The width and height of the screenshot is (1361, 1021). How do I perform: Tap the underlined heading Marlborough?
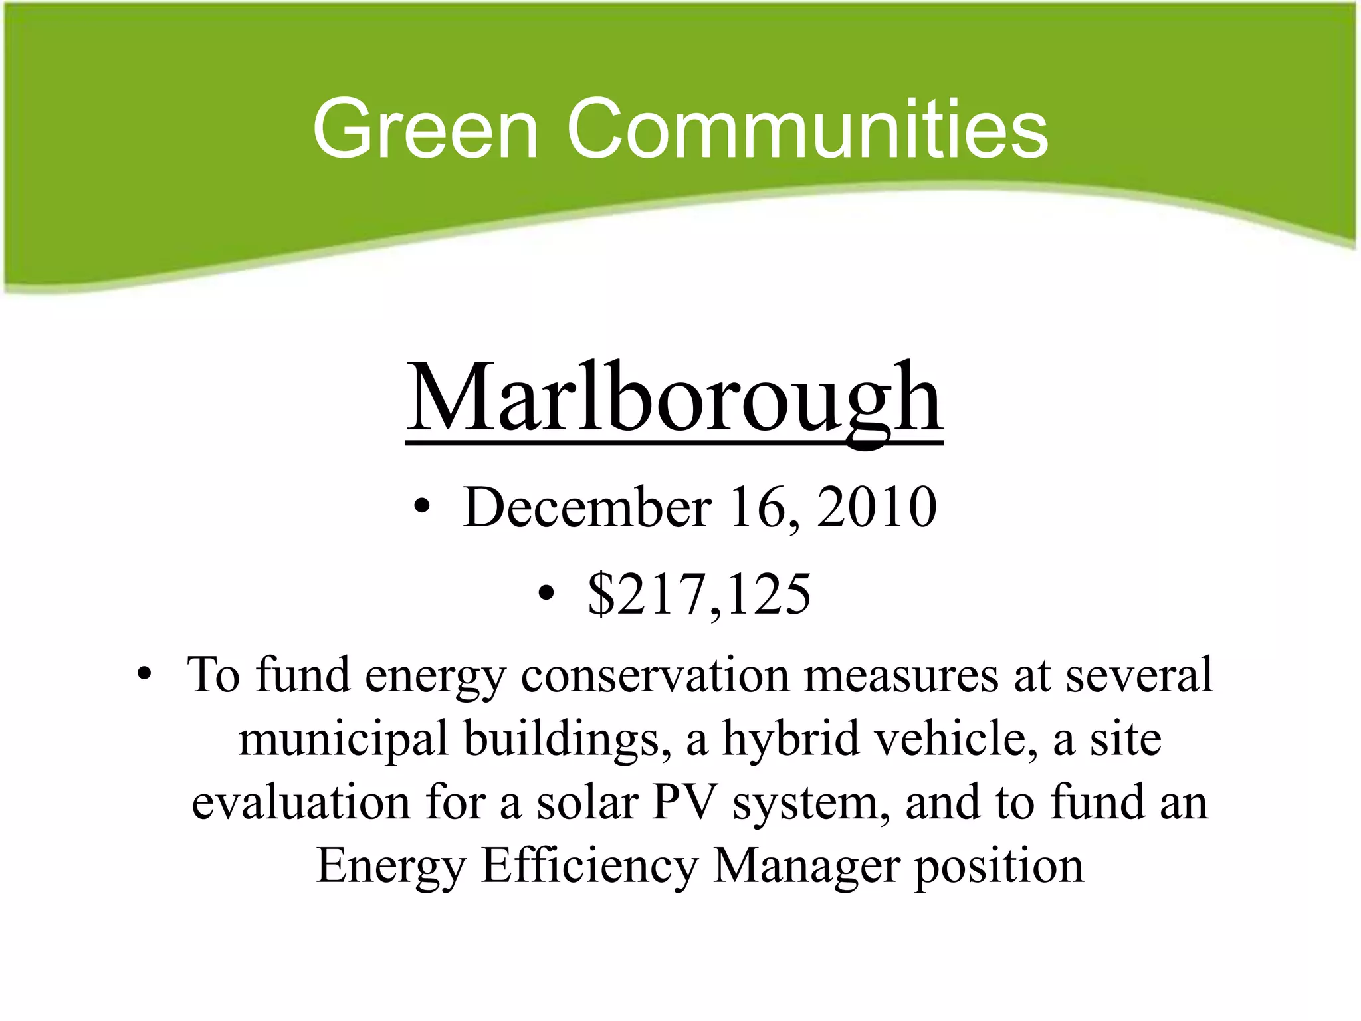pyautogui.click(x=674, y=399)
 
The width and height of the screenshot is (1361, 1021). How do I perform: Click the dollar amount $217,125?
pyautogui.click(x=699, y=594)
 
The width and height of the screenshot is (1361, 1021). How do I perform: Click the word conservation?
pyautogui.click(x=655, y=675)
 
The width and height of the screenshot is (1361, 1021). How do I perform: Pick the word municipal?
pyautogui.click(x=343, y=739)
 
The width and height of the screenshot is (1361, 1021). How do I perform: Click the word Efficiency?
pyautogui.click(x=589, y=865)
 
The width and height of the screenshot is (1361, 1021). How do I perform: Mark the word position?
pyautogui.click(x=999, y=867)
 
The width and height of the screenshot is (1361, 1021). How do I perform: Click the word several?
pyautogui.click(x=1140, y=675)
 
